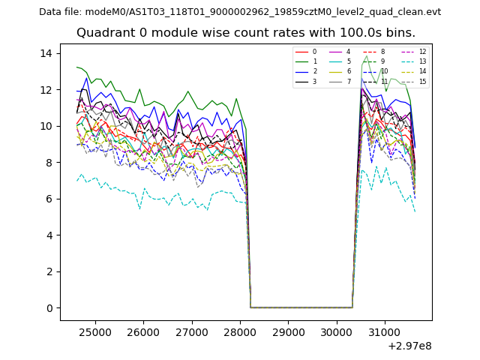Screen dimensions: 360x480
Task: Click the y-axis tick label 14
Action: coord(46,53)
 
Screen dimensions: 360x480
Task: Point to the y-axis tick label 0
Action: coord(49,308)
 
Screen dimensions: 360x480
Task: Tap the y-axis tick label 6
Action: coord(49,199)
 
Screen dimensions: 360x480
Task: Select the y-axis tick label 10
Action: coord(46,126)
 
